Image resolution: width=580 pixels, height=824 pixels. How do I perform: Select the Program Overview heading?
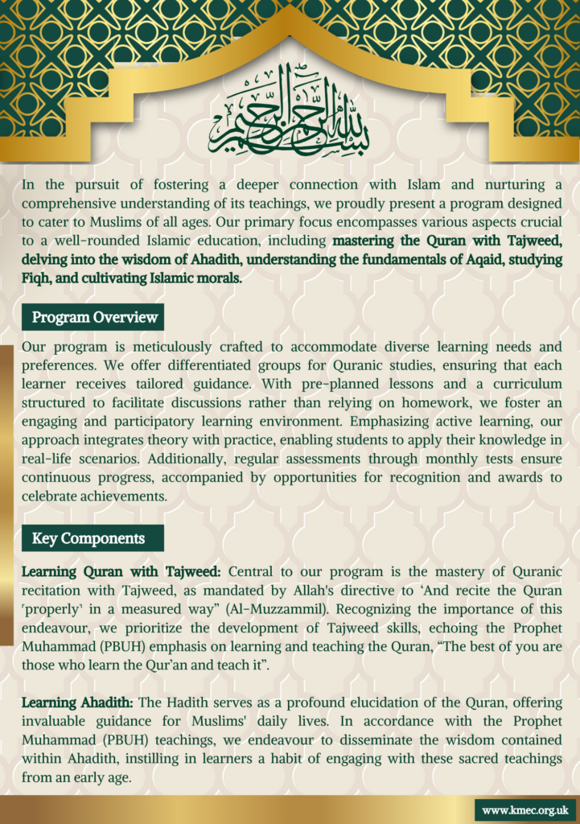point(94,317)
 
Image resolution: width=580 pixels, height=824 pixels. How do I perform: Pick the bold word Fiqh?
point(37,278)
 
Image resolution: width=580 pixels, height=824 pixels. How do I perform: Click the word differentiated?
point(168,366)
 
